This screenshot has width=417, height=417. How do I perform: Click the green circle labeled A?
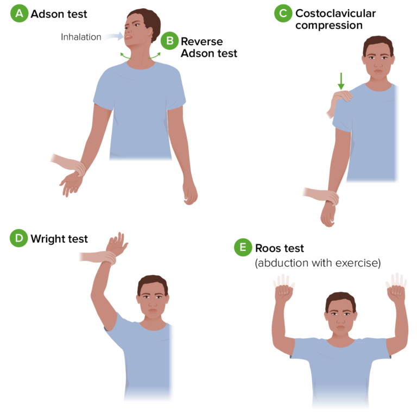click(19, 13)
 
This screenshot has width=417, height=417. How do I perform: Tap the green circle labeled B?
click(169, 41)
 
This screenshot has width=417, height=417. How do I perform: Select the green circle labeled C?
click(283, 13)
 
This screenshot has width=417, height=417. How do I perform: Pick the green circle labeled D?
click(19, 238)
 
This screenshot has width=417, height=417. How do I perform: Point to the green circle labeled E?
click(243, 248)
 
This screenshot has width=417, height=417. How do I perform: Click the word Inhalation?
click(81, 37)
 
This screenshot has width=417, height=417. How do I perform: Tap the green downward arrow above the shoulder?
click(341, 81)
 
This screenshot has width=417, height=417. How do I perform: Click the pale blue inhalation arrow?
click(115, 36)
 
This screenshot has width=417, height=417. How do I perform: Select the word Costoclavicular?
click(336, 13)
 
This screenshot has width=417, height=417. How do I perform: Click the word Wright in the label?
click(47, 239)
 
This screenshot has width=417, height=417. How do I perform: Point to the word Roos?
click(267, 248)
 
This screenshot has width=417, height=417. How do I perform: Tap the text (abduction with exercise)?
click(318, 263)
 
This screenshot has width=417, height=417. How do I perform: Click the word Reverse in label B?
click(202, 41)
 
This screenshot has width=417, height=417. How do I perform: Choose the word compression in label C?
click(329, 26)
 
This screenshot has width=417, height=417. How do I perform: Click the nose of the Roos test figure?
click(340, 321)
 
